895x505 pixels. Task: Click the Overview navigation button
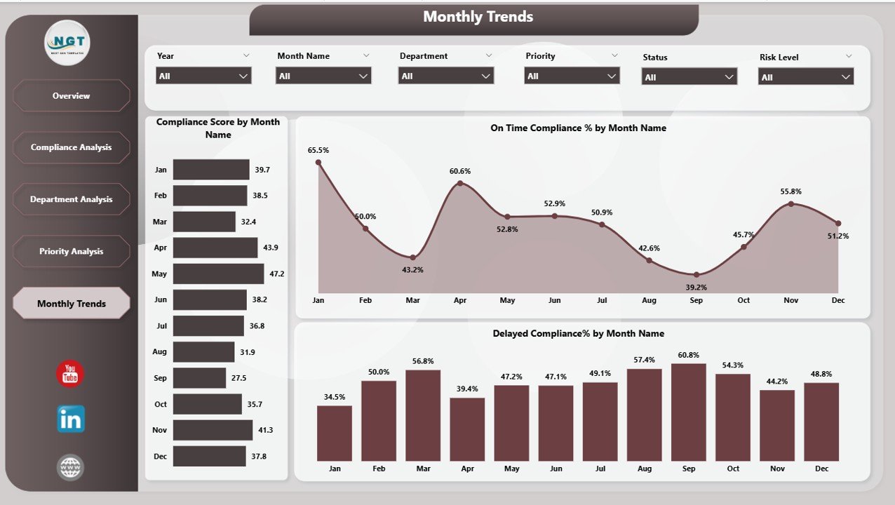(x=71, y=95)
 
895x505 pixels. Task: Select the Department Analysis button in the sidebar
(x=71, y=199)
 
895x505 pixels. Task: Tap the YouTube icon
(x=70, y=375)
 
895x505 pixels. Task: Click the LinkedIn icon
(x=70, y=419)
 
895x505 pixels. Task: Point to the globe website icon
(x=70, y=467)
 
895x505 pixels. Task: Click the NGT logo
(x=67, y=43)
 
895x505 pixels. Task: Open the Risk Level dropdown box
(x=806, y=77)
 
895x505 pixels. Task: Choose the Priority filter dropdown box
(x=572, y=76)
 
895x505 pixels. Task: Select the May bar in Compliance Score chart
(x=218, y=274)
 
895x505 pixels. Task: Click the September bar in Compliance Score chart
(x=199, y=378)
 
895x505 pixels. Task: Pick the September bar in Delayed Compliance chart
(x=688, y=412)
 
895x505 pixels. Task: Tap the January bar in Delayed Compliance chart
(x=335, y=433)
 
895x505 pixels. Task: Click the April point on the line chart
(x=460, y=184)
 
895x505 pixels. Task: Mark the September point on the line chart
(x=697, y=275)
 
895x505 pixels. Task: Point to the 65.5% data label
(x=318, y=150)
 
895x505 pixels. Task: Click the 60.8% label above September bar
(x=689, y=356)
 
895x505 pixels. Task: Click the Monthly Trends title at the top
(x=478, y=17)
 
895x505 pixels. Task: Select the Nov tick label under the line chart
(x=790, y=300)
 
